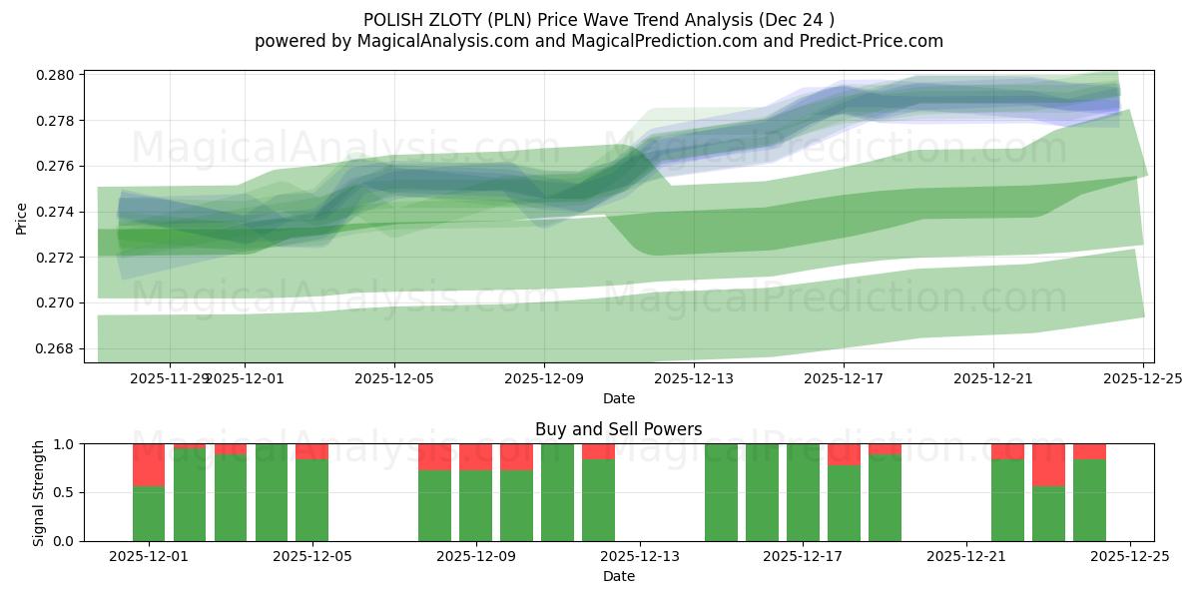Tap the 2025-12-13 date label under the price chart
click(694, 378)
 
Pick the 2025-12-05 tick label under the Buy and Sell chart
click(312, 557)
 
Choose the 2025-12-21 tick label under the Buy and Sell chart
click(966, 557)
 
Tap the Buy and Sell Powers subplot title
click(618, 429)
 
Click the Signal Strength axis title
click(39, 492)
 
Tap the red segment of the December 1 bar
click(149, 464)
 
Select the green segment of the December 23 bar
click(1048, 513)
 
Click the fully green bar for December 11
click(557, 492)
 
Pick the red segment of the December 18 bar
click(844, 454)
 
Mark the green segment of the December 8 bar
click(434, 505)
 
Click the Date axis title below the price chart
click(618, 398)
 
